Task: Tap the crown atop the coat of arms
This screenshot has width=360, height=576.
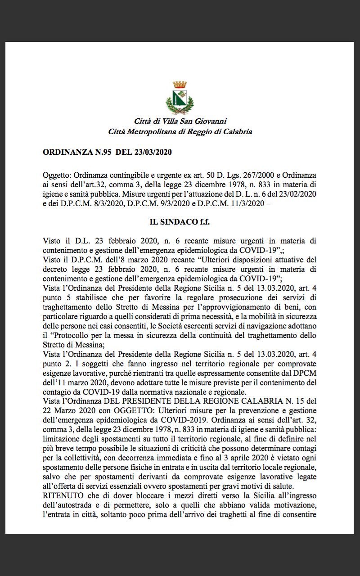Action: click(180, 85)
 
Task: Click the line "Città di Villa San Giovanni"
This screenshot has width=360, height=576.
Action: click(180, 121)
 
